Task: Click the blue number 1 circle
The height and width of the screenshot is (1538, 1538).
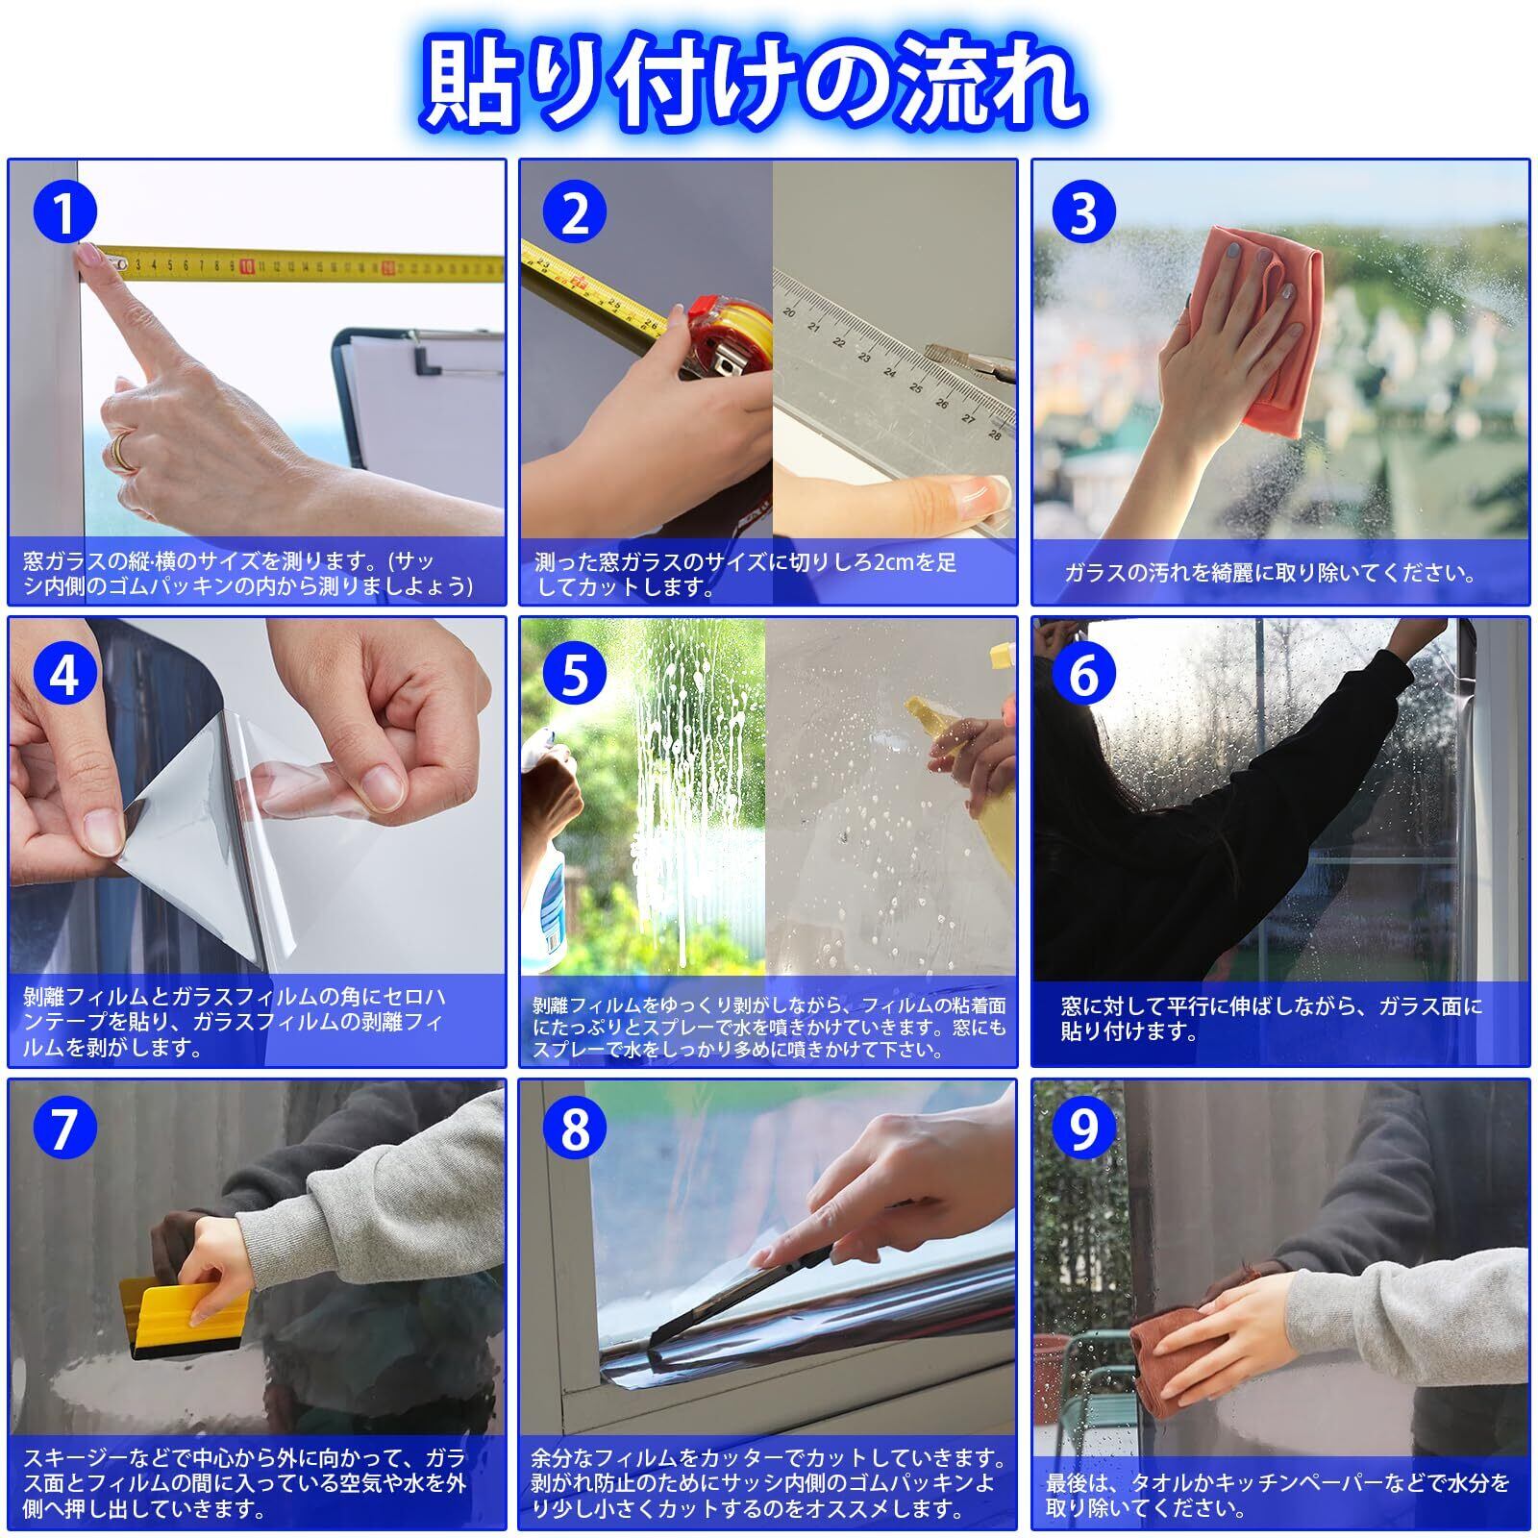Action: coord(63,213)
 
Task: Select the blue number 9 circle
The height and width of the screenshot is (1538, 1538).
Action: coord(1083,1128)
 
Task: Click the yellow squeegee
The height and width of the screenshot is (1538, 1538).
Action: coord(182,1316)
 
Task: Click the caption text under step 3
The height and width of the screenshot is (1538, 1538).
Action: coord(1270,573)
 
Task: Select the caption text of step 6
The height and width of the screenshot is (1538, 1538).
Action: coord(1271,1019)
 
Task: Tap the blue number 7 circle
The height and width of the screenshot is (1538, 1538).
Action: coord(63,1128)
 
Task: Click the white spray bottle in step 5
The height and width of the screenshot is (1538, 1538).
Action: coord(549,856)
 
